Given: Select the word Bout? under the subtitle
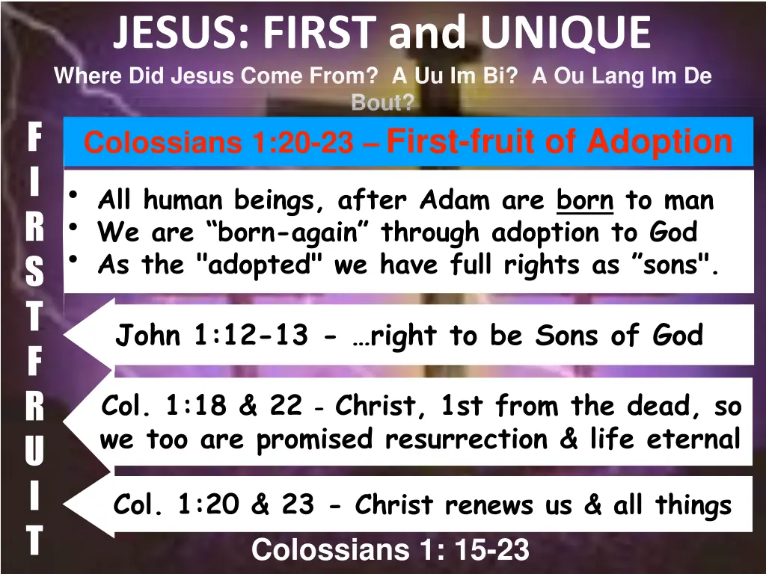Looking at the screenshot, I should (x=382, y=103).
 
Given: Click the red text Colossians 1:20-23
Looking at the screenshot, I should (x=218, y=142).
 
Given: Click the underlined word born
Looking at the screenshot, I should (x=585, y=200).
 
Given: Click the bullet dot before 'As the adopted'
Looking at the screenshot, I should (x=73, y=259).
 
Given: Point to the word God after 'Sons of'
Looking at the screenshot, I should (x=678, y=336).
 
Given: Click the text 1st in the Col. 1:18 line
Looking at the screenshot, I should (x=464, y=406).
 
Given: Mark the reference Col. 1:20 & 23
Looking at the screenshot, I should (x=213, y=505).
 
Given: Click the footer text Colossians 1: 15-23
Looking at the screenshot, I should (x=390, y=551).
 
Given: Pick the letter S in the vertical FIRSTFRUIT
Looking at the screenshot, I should (x=34, y=273).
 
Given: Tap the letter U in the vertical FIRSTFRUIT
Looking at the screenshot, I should (x=34, y=450).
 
